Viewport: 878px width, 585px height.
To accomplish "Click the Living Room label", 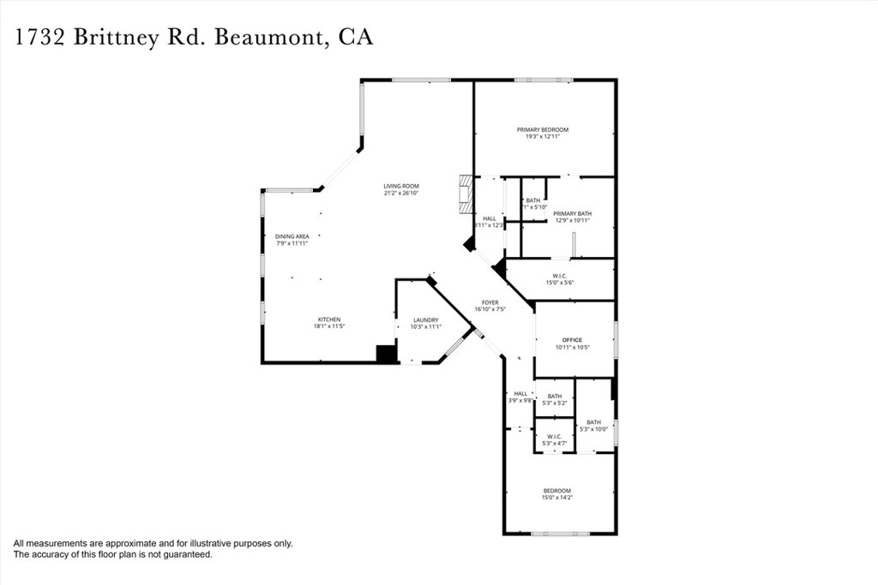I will pos(400,186).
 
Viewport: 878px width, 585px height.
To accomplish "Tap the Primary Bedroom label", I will pos(542,129).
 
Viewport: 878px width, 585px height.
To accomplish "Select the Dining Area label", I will pos(292,236).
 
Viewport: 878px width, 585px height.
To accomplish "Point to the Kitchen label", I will pos(329,319).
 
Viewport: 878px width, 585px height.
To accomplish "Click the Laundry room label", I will pos(425,319).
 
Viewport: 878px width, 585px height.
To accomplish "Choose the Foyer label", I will pos(490,302).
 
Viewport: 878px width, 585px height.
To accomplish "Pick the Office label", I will pos(572,340).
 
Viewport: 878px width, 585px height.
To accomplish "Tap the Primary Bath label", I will pos(572,213).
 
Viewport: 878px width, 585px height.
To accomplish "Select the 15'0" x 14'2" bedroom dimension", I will pos(556,498).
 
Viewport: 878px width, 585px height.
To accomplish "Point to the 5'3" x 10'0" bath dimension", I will pos(593,429).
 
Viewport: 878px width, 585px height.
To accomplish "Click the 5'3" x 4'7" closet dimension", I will pos(555,443).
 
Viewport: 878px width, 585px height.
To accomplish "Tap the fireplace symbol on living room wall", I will pos(466,195).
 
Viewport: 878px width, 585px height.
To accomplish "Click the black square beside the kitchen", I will pos(387,354).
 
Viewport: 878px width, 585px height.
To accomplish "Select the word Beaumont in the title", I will pos(268,38).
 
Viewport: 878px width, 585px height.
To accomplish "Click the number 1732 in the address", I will pos(40,38).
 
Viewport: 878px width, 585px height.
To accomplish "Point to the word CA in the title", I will pos(355,38).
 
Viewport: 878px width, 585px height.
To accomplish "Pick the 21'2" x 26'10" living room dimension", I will pos(400,194).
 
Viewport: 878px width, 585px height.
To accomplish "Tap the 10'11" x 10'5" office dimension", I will pos(572,348).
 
